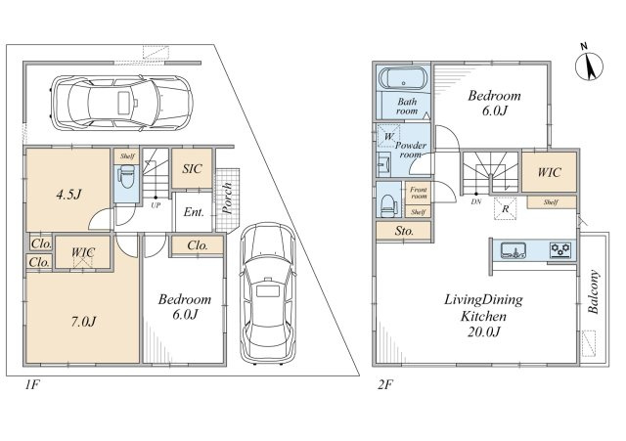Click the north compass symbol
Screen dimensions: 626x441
point(589,66)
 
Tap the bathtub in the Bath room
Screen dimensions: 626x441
point(403,78)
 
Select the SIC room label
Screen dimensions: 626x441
point(192,169)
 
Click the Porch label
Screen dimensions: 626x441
point(228,198)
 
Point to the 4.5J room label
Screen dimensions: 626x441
point(68,195)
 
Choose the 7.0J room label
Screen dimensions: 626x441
point(83,322)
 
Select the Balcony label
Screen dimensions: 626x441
point(594,291)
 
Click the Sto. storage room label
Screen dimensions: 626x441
point(404,231)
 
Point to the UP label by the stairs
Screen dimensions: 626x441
point(156,205)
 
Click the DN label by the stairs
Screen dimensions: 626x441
point(476,202)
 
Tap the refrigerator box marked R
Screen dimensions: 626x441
point(506,208)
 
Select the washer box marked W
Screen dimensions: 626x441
point(389,137)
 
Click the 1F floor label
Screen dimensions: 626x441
point(32,385)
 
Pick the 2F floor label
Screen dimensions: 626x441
point(385,385)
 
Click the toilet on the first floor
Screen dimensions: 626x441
point(127,177)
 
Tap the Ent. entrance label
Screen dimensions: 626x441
point(194,212)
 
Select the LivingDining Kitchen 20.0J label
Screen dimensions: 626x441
point(483,315)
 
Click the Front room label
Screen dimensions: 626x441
point(419,194)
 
